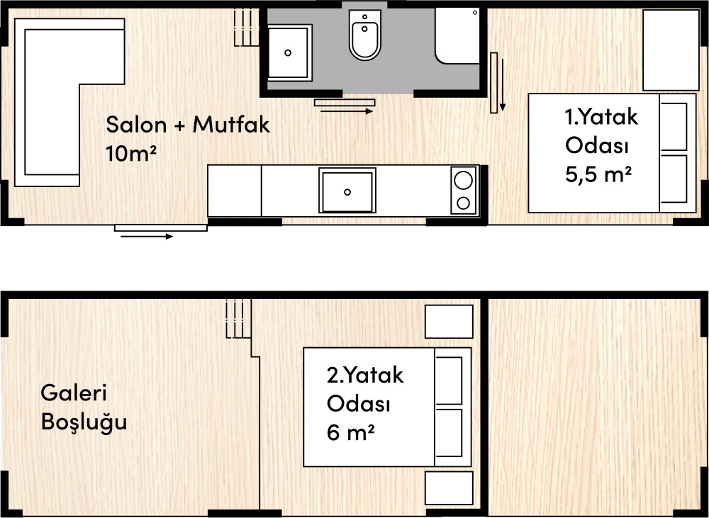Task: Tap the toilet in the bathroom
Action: pos(364,35)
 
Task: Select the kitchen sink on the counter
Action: pos(347,191)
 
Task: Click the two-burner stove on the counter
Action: pos(464,191)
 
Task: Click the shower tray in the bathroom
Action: pos(457,36)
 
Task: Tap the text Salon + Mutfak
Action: pos(188,124)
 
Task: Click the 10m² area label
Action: pos(131,153)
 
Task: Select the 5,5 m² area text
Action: pos(598,174)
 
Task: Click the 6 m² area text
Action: pos(350,432)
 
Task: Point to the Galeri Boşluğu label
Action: pos(84,407)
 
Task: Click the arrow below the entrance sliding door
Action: pos(147,237)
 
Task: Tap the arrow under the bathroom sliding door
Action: pos(347,111)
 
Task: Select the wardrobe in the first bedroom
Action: pos(671,50)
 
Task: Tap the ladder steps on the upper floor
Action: pos(238,319)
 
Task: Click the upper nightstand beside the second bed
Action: pos(449,322)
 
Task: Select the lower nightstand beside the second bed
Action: pos(449,488)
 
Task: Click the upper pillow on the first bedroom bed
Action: pos(674,127)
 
